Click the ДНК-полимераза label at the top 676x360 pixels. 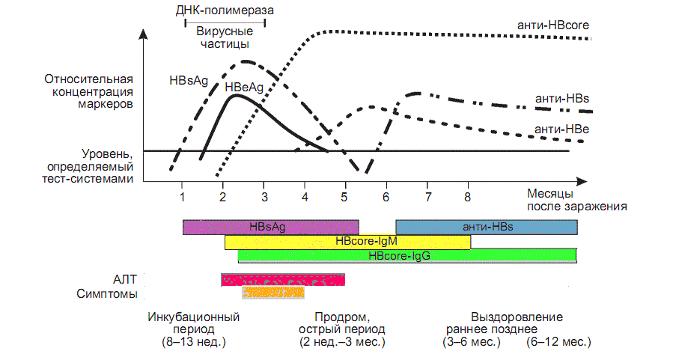tap(224, 11)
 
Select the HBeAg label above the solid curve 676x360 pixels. tap(244, 88)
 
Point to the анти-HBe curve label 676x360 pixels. tap(562, 129)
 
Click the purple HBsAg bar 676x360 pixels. tap(271, 227)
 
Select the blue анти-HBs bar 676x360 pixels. tap(486, 227)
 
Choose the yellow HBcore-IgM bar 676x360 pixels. tap(347, 242)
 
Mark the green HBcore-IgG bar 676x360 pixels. tap(407, 255)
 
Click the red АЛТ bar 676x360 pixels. tap(283, 280)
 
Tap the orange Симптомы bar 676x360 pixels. tap(272, 293)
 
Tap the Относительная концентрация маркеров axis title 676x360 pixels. tap(88, 92)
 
